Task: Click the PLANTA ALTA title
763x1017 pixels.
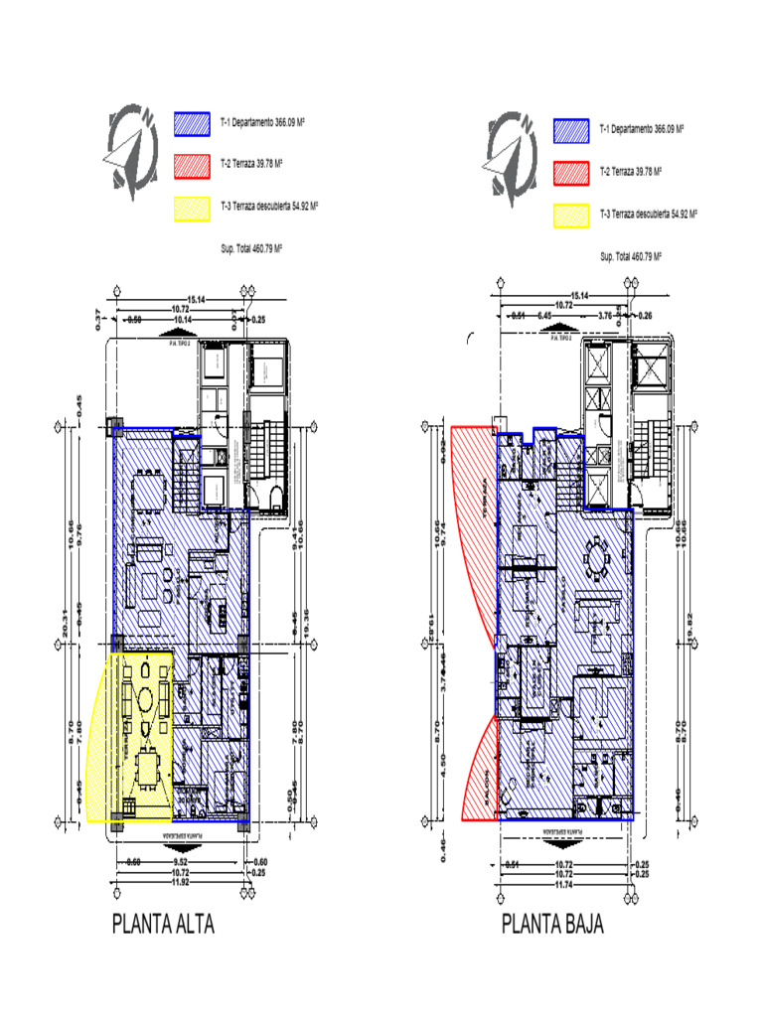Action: click(163, 926)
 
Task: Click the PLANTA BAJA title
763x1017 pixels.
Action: click(552, 926)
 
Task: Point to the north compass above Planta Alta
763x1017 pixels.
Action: click(132, 150)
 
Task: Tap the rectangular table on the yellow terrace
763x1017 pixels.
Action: click(147, 767)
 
